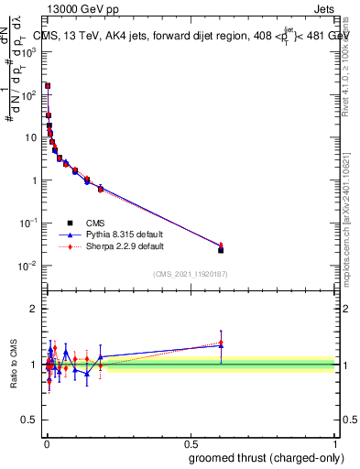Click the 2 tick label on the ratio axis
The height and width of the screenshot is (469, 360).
(x=35, y=309)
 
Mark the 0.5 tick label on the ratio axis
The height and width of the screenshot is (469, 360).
(x=31, y=420)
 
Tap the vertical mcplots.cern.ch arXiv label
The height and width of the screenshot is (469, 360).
(x=349, y=211)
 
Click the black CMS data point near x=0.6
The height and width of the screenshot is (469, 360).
(x=221, y=249)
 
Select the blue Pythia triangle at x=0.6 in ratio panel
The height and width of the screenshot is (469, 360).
(x=221, y=345)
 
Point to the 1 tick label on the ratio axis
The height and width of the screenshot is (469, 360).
(x=35, y=365)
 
